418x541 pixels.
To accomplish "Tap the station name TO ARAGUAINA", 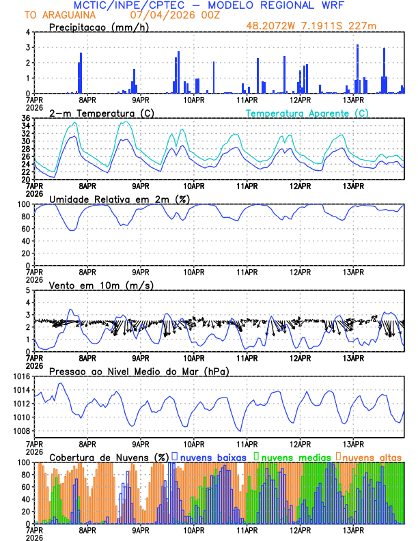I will [52, 15].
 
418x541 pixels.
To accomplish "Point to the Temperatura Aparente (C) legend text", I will [307, 113].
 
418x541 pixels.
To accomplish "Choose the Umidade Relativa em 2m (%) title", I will [119, 199].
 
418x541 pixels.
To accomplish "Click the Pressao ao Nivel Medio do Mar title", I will [139, 371].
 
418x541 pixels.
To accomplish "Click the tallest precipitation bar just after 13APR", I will [357, 69].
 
